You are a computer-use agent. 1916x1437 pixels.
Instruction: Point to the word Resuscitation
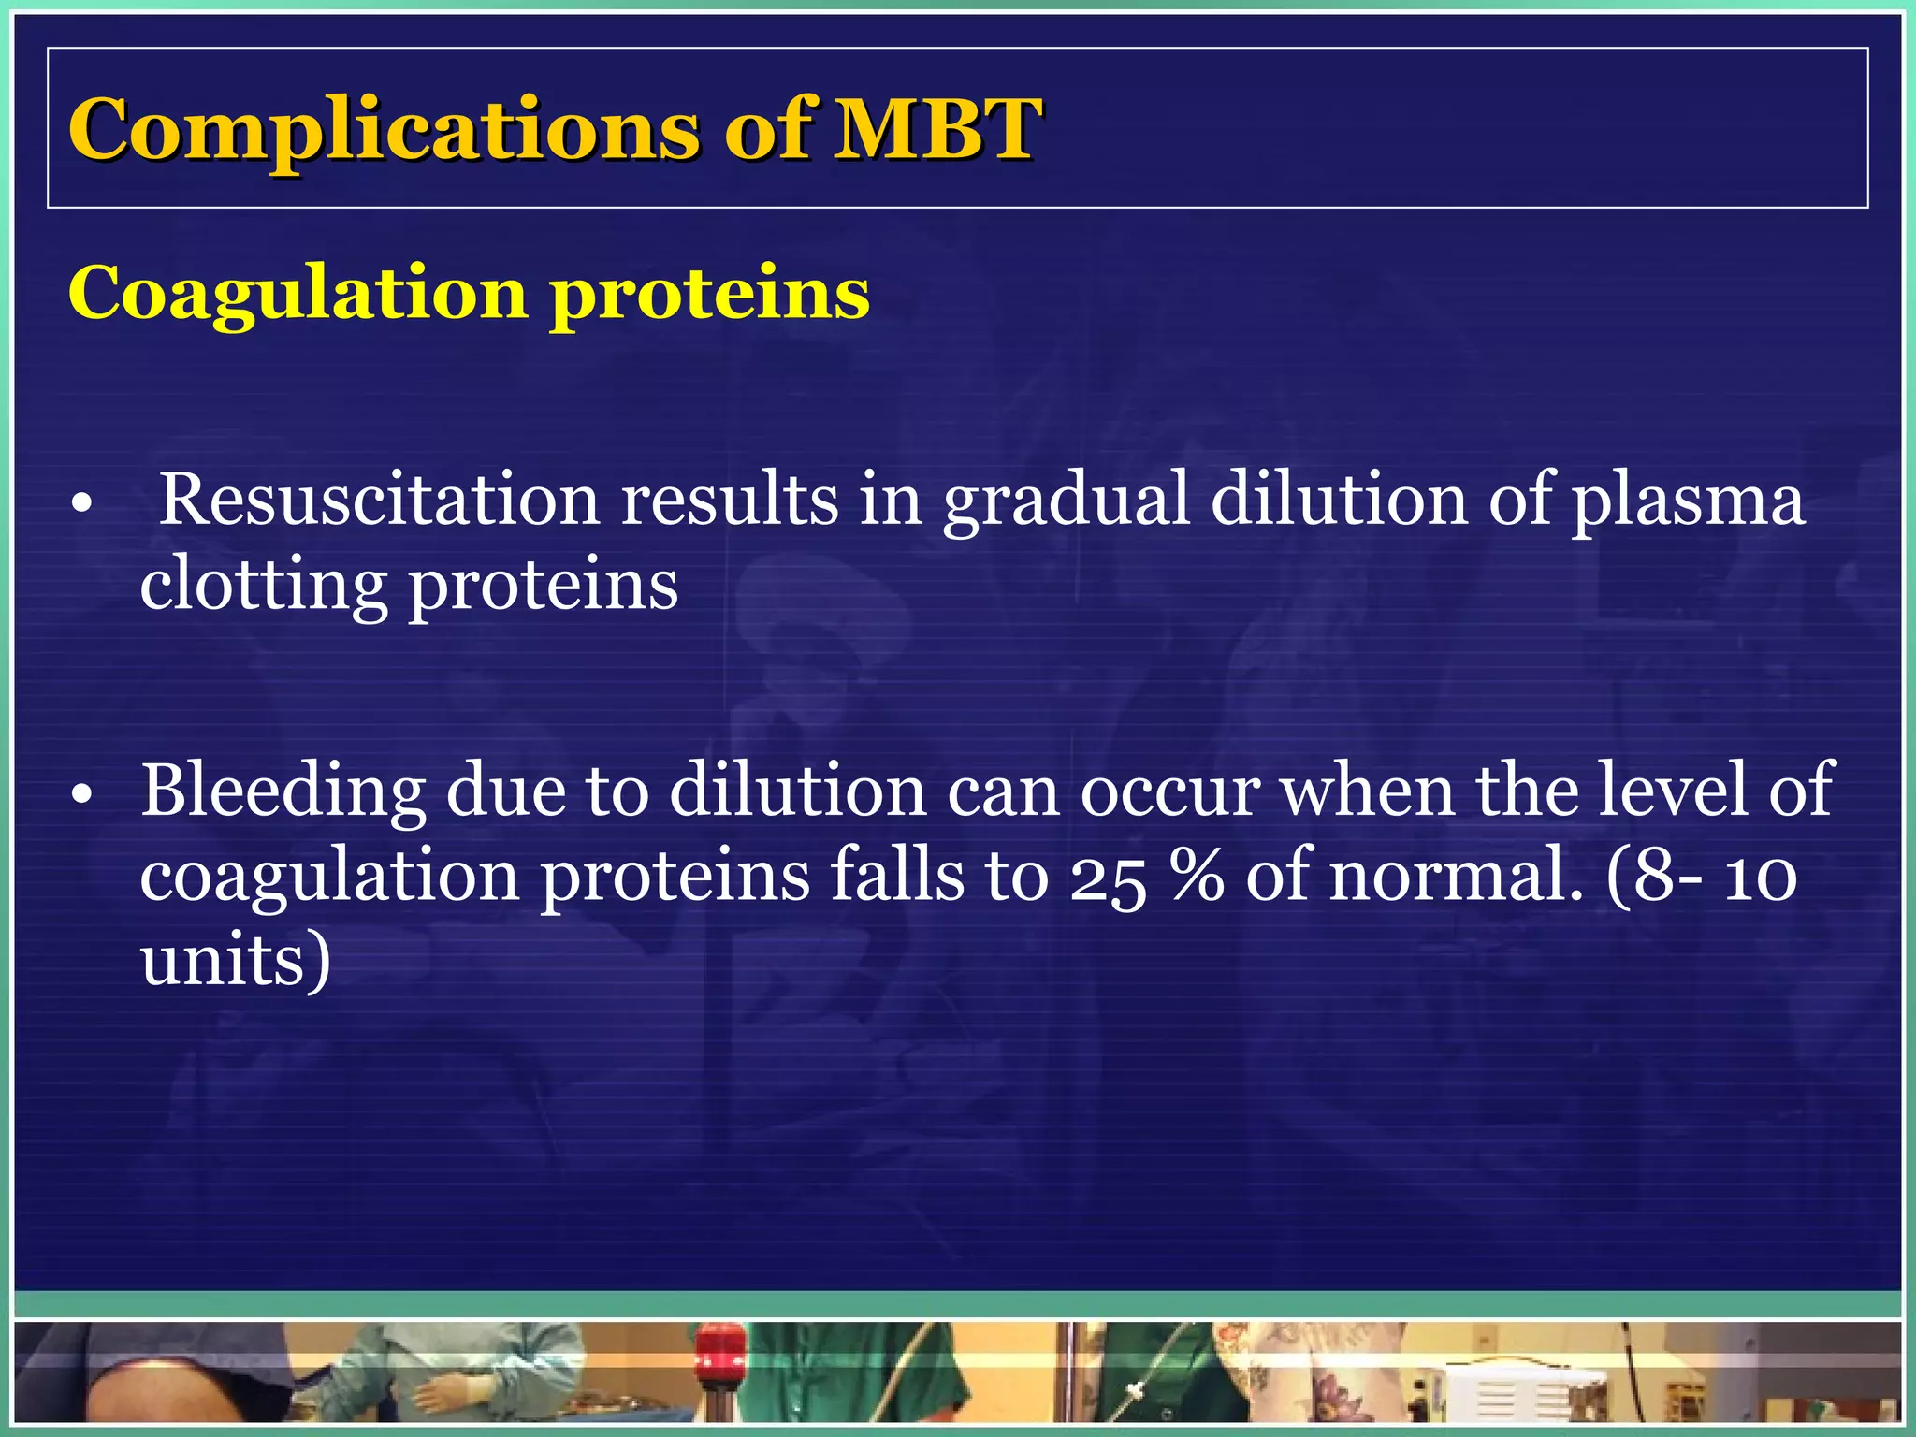379,500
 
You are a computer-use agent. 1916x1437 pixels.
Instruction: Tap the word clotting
264,588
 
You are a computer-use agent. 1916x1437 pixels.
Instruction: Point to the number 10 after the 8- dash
1761,878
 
